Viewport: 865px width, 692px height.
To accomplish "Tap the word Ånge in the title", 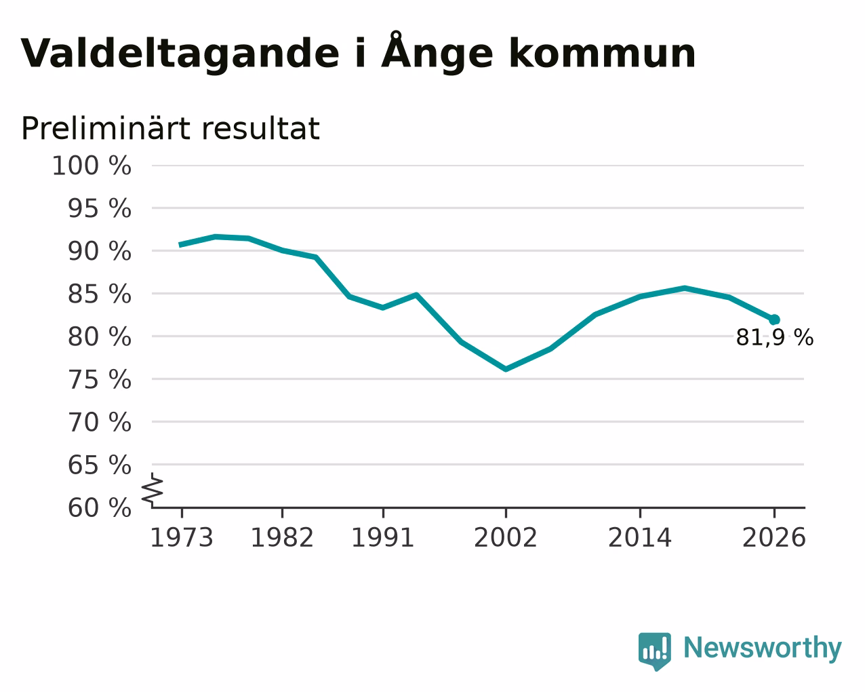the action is (x=437, y=52).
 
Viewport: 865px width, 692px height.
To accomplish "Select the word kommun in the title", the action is (x=602, y=53).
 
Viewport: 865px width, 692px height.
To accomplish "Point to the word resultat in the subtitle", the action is (x=260, y=129).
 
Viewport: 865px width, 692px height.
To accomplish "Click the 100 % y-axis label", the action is (x=92, y=166).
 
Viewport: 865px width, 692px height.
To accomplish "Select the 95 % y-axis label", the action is (x=99, y=208).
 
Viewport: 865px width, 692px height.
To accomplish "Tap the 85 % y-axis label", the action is (x=99, y=294).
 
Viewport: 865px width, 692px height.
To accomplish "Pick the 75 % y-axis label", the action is (x=99, y=379).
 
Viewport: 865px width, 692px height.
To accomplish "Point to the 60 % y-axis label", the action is (x=99, y=507).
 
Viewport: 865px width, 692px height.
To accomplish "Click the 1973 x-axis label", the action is (x=182, y=537).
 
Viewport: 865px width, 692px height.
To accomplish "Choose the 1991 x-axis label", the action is (x=383, y=537).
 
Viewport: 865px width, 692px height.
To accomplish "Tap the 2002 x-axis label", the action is (x=506, y=537).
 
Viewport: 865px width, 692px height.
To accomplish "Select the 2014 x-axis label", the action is (x=640, y=537).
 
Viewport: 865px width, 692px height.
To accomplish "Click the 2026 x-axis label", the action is (x=774, y=537).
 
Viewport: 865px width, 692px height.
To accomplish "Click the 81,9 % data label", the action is (x=775, y=337).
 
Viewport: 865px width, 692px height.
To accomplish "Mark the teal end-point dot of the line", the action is (x=774, y=320).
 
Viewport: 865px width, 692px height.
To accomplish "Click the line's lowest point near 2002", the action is (x=506, y=369).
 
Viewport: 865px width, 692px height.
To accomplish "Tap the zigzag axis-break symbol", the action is (x=153, y=490).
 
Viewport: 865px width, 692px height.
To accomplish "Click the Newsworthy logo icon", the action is (x=655, y=651).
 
